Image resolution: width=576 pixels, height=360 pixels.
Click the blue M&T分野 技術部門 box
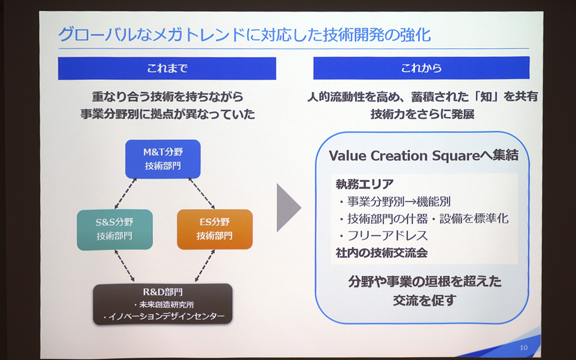coord(163,159)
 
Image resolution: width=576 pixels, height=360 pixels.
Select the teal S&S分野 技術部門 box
coord(115,229)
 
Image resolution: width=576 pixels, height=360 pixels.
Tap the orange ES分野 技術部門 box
coord(214,229)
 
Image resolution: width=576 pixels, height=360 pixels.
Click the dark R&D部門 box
coord(163,304)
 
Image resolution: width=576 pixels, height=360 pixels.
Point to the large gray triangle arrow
coord(287,208)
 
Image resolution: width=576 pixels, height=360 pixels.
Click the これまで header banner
coord(167,68)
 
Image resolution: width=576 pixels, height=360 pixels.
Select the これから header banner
coord(421,68)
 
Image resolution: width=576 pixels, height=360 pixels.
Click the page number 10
coord(523,348)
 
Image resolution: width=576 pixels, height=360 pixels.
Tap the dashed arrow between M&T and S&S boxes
coord(126,193)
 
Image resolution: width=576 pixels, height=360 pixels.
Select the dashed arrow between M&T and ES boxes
coord(202,193)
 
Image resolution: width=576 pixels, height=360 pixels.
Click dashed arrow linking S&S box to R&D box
coord(124,266)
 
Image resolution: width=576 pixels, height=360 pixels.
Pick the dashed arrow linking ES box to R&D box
coord(205,266)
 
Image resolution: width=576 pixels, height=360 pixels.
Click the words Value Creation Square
coord(404,156)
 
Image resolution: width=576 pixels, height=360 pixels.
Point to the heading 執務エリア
coord(364,184)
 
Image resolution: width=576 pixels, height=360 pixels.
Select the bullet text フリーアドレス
coord(387,236)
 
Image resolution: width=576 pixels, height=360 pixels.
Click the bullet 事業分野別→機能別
coord(398,202)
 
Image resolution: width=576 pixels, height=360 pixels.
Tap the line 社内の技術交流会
coord(382,253)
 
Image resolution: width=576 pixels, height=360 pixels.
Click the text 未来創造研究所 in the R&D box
coord(166,305)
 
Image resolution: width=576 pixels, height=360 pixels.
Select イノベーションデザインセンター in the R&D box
coord(166,316)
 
